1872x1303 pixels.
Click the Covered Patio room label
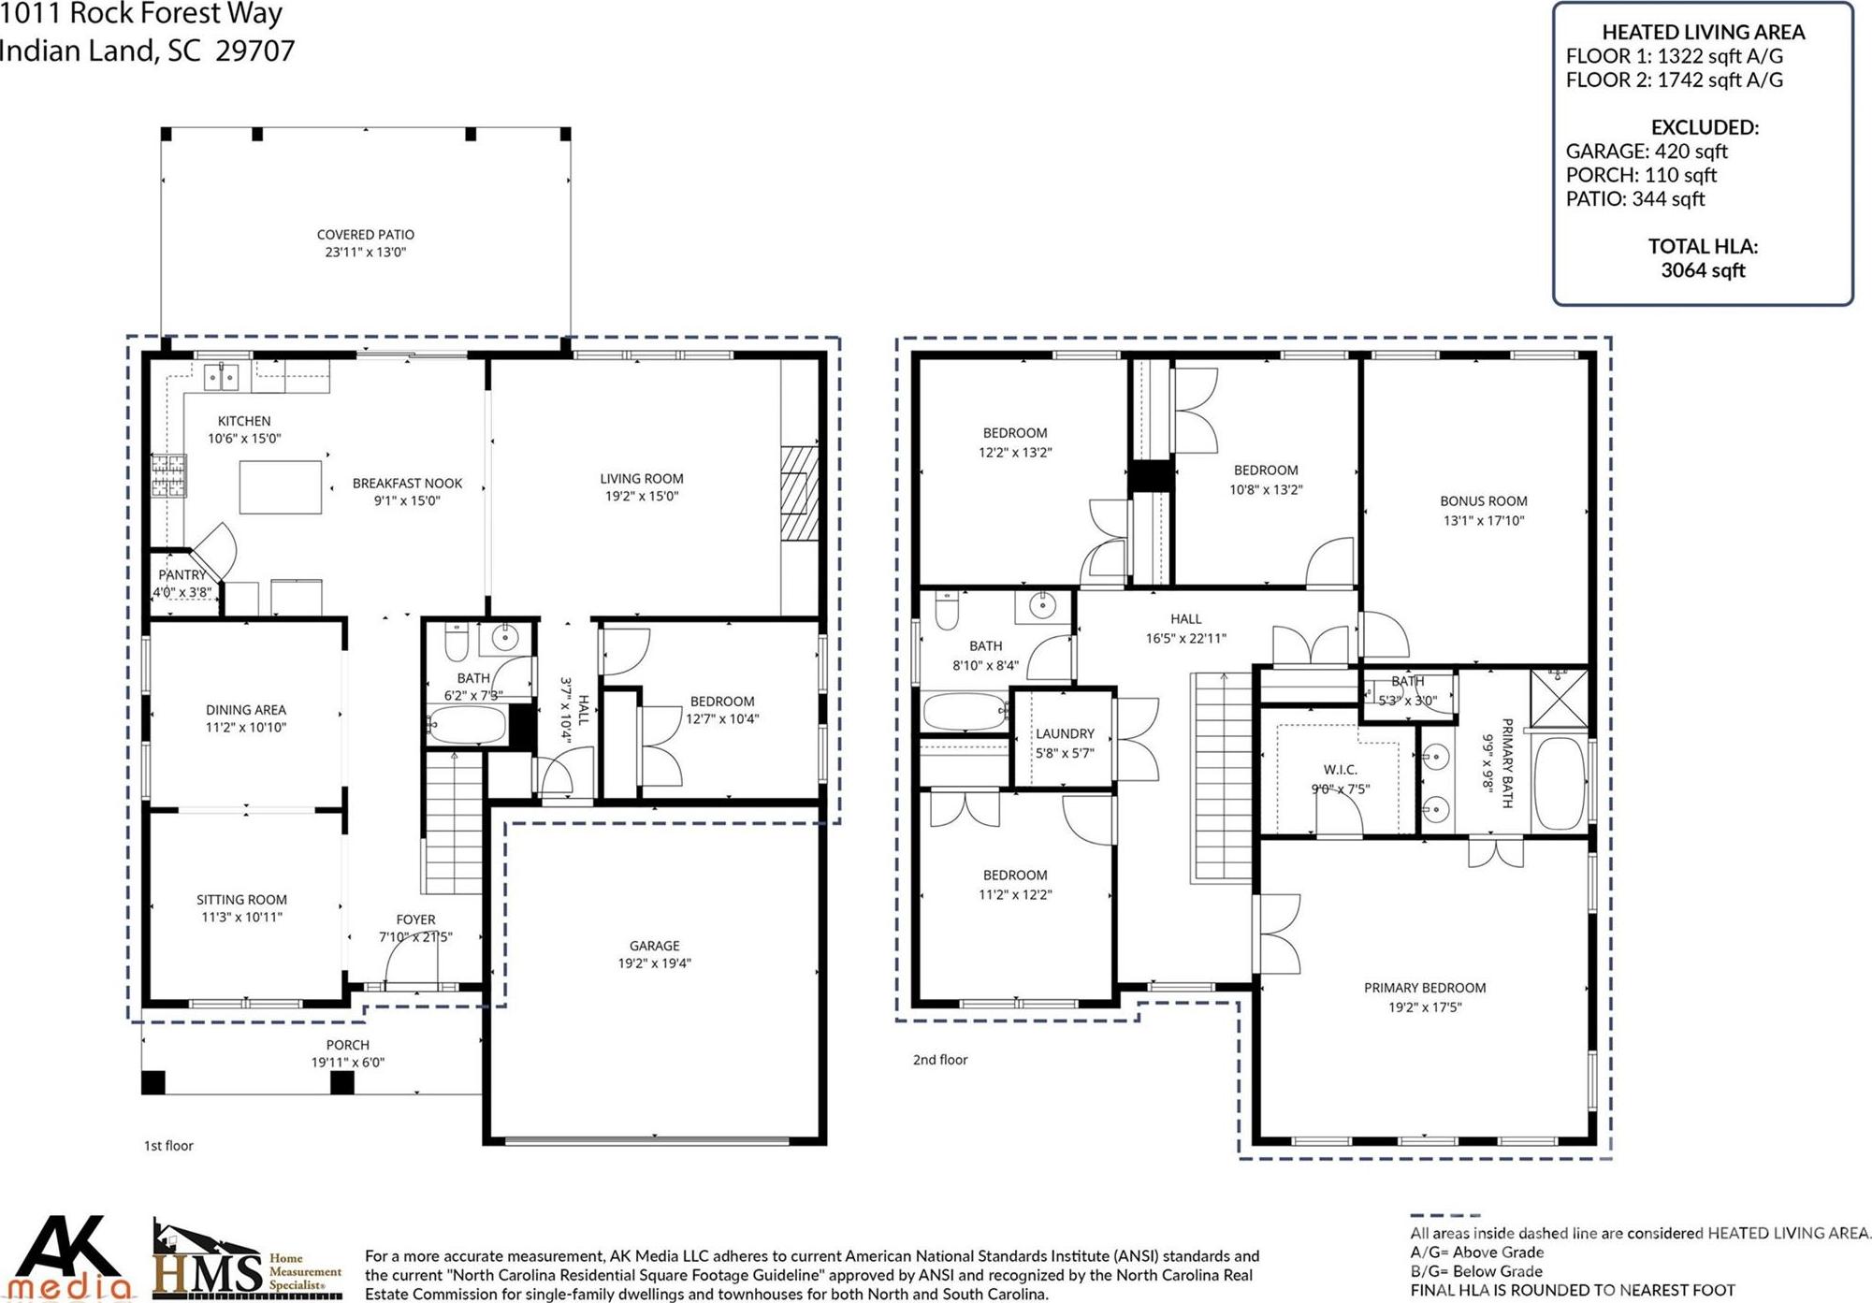(x=365, y=235)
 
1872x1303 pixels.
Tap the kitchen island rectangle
(x=281, y=486)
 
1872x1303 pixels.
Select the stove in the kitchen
(x=169, y=474)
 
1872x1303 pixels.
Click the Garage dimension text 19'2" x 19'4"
(x=654, y=963)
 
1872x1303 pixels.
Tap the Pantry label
(x=181, y=575)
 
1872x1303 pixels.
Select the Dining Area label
(x=246, y=710)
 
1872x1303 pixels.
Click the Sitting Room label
(x=241, y=900)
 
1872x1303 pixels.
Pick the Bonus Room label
(x=1484, y=501)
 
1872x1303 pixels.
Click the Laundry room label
(x=1065, y=734)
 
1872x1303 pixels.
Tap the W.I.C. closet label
(x=1340, y=770)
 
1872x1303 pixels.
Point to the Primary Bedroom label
(x=1425, y=988)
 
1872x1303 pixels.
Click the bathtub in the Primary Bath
(x=1560, y=783)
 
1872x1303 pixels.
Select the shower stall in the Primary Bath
(x=1559, y=698)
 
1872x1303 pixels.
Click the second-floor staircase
(x=1222, y=777)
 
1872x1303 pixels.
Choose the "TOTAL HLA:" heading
(x=1703, y=247)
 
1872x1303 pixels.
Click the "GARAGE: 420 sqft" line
(x=1647, y=152)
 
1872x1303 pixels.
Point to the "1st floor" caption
(x=168, y=1146)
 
